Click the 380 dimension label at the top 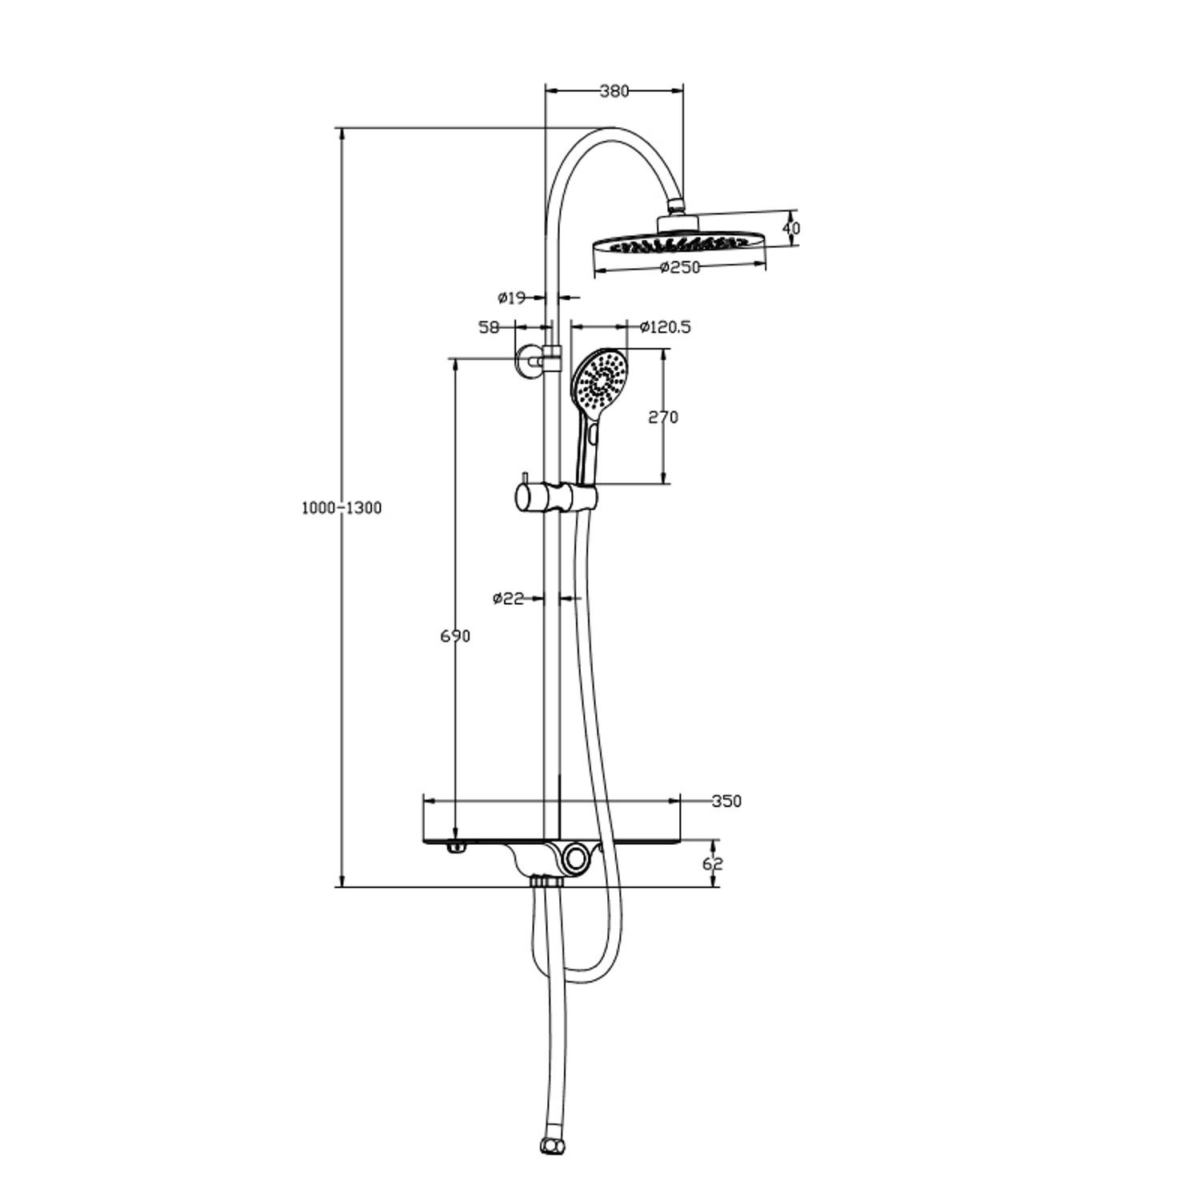pyautogui.click(x=614, y=91)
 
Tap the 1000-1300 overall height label pyautogui.click(x=342, y=508)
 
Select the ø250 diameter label pyautogui.click(x=680, y=267)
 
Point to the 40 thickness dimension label pyautogui.click(x=791, y=228)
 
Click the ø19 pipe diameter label pyautogui.click(x=511, y=298)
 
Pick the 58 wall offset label pyautogui.click(x=489, y=327)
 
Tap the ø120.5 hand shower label pyautogui.click(x=666, y=326)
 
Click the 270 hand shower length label pyautogui.click(x=663, y=417)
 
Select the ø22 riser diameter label pyautogui.click(x=508, y=598)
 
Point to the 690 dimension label pyautogui.click(x=455, y=636)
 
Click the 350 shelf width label pyautogui.click(x=726, y=801)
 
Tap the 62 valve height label pyautogui.click(x=713, y=864)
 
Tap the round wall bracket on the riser pyautogui.click(x=527, y=361)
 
